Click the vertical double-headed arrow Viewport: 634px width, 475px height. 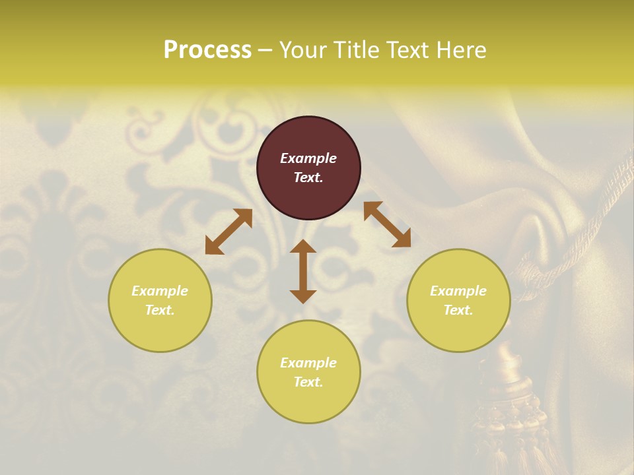[303, 271]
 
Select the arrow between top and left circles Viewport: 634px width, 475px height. [229, 232]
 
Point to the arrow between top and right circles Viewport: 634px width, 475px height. [387, 224]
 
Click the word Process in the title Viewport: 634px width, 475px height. [207, 50]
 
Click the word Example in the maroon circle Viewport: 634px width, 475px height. [308, 158]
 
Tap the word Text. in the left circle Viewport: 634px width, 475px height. [160, 310]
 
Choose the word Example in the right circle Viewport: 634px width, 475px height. [458, 291]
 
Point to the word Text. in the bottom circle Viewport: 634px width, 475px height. [308, 382]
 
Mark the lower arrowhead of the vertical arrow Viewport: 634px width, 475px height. [303, 296]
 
